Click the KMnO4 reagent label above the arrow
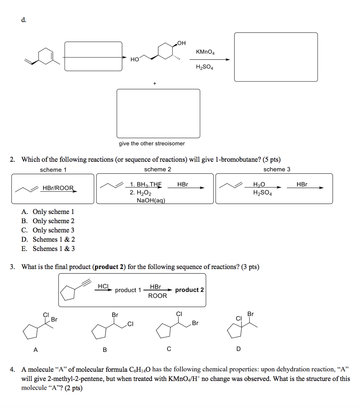tap(205, 52)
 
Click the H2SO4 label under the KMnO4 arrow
tap(205, 67)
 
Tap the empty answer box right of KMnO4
tap(276, 57)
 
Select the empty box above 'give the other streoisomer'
tap(158, 113)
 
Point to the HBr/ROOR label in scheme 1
tap(58, 188)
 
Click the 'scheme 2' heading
tap(157, 169)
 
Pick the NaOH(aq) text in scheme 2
tap(151, 200)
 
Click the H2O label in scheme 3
tap(259, 184)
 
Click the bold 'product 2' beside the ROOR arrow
tap(189, 290)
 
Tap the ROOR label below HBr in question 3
tap(157, 296)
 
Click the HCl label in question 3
tap(103, 286)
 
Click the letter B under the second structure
tap(104, 350)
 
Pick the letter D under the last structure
tap(238, 349)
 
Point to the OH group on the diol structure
tap(181, 43)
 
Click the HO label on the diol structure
tap(134, 59)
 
